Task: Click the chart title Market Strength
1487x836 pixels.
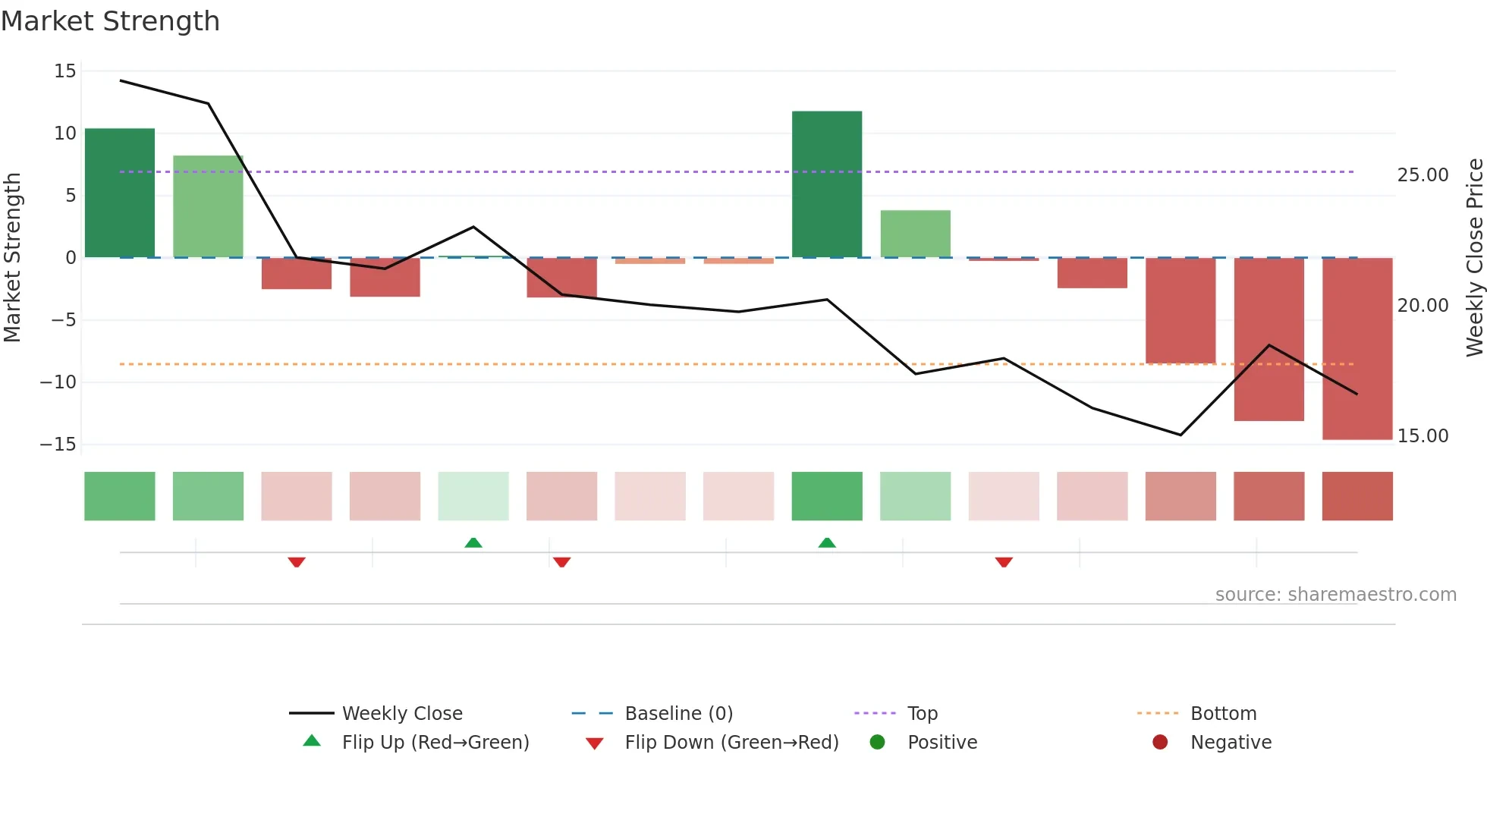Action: [110, 21]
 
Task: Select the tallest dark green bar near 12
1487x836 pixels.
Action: [827, 184]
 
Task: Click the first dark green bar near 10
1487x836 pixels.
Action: [120, 193]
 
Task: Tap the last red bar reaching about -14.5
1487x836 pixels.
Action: [1357, 349]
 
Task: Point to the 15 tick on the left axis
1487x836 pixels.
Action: [65, 71]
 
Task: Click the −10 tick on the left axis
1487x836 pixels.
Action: [58, 382]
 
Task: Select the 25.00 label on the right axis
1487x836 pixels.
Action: [1423, 175]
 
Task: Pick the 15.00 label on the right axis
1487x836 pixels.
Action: [1423, 436]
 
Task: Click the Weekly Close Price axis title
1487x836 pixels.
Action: [1474, 258]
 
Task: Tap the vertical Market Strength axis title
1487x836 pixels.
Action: [12, 258]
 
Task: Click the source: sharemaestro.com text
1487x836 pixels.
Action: [1335, 595]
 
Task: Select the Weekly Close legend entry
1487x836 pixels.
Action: [402, 714]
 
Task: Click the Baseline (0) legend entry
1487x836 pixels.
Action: [678, 714]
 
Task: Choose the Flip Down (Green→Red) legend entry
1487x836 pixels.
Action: [731, 743]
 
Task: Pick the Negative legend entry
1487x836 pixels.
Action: [1231, 743]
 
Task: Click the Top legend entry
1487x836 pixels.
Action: [923, 714]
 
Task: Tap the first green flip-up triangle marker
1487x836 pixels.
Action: [473, 542]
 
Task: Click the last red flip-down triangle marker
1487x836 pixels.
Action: [1004, 562]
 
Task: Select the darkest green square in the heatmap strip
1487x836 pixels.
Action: [827, 496]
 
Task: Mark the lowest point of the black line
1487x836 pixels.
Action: [1180, 435]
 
